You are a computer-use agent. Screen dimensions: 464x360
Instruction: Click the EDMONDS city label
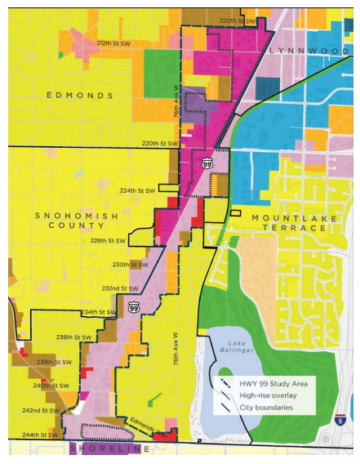pos(80,96)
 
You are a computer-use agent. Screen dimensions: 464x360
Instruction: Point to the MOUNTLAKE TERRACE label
pos(289,222)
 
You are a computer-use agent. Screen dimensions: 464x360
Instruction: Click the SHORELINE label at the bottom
pos(110,449)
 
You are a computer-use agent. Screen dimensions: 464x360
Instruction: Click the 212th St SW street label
pos(114,43)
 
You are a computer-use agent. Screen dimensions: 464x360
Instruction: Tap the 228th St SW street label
pos(109,241)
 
